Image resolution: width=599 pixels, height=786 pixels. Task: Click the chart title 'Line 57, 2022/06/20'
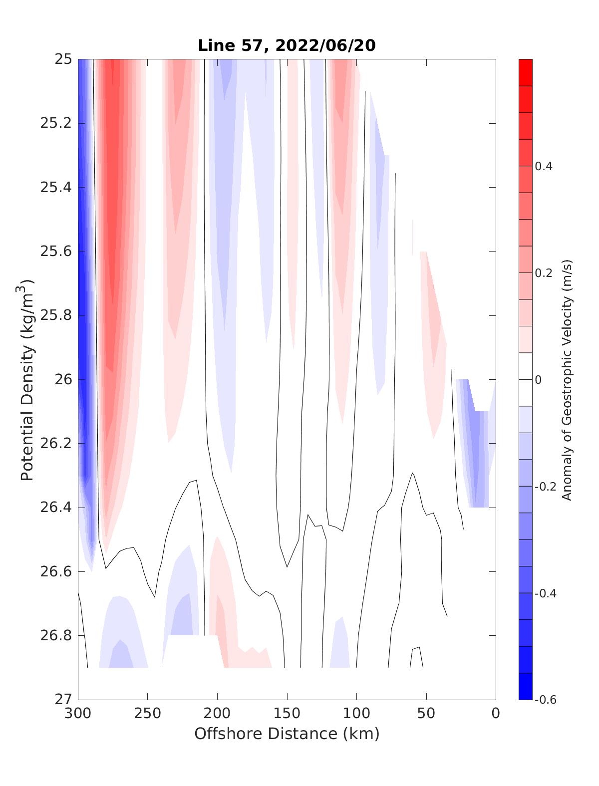(287, 45)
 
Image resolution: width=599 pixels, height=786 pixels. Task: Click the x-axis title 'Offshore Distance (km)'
(287, 734)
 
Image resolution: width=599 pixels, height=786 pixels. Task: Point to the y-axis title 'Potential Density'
(27, 379)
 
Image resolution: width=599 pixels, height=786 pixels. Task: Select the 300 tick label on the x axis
(78, 714)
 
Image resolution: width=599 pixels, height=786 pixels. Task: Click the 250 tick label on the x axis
(148, 714)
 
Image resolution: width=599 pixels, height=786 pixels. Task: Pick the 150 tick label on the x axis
(287, 714)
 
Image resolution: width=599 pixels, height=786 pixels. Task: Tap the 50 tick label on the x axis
(426, 714)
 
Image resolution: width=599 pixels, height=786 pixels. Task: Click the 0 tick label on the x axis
(496, 714)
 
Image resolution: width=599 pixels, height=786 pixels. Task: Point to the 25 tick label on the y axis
(62, 59)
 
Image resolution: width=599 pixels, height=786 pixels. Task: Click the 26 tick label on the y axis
(62, 380)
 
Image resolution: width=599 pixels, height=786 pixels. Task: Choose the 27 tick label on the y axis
(62, 699)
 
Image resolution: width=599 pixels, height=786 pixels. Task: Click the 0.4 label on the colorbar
(544, 166)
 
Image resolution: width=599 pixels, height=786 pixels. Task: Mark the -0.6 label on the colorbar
(545, 700)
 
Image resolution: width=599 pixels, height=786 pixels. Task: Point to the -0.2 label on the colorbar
(545, 487)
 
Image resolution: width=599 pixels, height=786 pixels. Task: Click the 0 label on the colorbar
(538, 380)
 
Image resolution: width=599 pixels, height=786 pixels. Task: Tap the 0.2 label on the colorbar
(544, 273)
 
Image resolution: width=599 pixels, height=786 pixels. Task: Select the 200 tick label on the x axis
(218, 714)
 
